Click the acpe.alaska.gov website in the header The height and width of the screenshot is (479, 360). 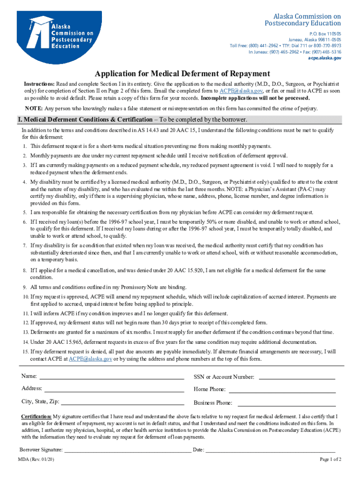tap(324, 58)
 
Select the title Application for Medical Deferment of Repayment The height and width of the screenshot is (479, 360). tap(182, 74)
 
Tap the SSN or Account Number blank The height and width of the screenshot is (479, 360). tap(297, 377)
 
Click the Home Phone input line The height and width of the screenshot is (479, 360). tap(282, 390)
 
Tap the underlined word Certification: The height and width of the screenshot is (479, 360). tap(36, 416)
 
